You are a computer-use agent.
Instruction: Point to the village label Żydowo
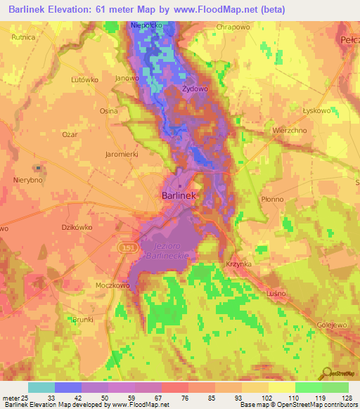pyautogui.click(x=193, y=91)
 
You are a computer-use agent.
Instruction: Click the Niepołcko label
pyautogui.click(x=147, y=25)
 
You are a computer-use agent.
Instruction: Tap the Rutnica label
pyautogui.click(x=23, y=37)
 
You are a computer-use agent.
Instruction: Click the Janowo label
pyautogui.click(x=127, y=78)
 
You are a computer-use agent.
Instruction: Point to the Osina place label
pyautogui.click(x=108, y=111)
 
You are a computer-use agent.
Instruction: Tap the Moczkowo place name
pyautogui.click(x=113, y=287)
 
